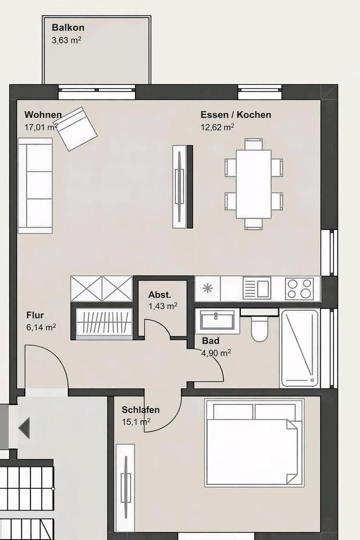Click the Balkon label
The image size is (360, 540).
point(68,28)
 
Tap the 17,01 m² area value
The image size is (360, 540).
point(40,127)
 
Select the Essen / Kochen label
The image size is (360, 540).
point(236,115)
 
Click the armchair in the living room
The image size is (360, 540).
point(77,129)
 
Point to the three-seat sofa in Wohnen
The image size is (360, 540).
point(35,186)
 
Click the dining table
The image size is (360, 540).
point(254,184)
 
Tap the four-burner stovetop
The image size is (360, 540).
point(300,289)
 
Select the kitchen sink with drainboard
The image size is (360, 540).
point(257,289)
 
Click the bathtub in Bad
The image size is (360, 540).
point(300,348)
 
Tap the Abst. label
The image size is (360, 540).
point(160,295)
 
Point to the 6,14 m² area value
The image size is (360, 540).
point(41,327)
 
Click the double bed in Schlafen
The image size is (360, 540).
point(254,443)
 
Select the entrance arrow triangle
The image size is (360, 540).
point(24,428)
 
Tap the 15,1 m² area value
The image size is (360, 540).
point(136,422)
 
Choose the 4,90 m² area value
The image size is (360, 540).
point(216,353)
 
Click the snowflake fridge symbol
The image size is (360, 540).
point(208,289)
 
